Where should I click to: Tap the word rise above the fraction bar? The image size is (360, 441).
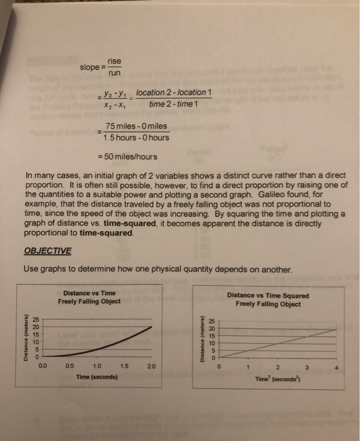(x=114, y=60)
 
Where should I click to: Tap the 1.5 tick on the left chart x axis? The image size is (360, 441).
(x=123, y=365)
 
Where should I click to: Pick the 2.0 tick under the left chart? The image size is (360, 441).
(x=151, y=365)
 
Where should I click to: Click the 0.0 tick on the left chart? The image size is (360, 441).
(x=42, y=365)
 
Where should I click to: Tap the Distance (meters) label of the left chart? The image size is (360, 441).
(x=25, y=338)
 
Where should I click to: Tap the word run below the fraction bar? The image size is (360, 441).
(x=114, y=73)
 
